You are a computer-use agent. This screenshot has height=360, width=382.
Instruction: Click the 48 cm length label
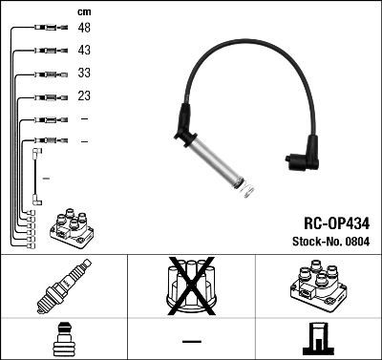click(x=84, y=28)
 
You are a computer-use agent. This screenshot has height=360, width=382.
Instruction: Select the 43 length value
click(x=84, y=50)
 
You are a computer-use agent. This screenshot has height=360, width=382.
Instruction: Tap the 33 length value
click(x=84, y=73)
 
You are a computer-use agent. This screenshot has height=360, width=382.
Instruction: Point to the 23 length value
click(x=84, y=95)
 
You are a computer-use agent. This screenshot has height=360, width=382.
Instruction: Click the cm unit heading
click(x=83, y=11)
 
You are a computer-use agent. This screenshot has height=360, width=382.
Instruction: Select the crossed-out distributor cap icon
click(x=190, y=286)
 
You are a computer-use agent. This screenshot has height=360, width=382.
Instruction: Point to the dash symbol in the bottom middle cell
click(x=191, y=340)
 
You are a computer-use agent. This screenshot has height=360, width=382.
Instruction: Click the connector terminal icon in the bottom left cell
click(x=63, y=340)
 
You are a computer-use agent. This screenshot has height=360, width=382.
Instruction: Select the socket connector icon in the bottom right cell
click(x=317, y=339)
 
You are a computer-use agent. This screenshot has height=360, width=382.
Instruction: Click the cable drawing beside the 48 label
click(x=45, y=28)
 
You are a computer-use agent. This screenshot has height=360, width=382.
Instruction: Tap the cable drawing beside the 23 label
click(x=45, y=96)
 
